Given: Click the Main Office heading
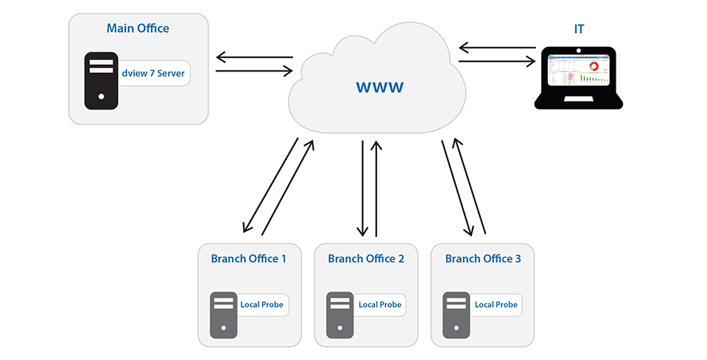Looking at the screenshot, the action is tap(138, 29).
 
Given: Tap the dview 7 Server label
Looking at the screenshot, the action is tap(153, 73).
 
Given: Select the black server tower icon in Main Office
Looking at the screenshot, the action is tap(102, 81).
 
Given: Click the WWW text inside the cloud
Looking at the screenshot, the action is tap(380, 87).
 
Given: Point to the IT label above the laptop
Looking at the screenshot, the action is tap(579, 29).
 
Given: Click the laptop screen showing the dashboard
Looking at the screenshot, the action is tap(579, 70).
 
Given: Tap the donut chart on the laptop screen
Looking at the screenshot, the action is tap(594, 66).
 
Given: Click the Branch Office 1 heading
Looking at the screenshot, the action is tap(248, 258).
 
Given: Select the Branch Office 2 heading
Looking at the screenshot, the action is tap(366, 258).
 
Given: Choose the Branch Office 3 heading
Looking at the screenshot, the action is tap(483, 258).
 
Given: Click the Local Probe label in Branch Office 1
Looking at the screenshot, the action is tap(261, 305).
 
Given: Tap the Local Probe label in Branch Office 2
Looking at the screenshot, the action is tap(380, 305).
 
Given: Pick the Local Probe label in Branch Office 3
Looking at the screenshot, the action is tap(496, 305).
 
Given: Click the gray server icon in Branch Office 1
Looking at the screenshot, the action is tap(224, 315).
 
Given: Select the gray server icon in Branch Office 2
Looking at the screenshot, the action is tap(340, 315).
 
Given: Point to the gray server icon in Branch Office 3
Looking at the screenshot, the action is tap(457, 315).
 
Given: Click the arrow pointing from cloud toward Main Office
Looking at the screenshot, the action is tap(255, 57).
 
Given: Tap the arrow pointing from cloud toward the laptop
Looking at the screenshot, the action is tap(497, 61).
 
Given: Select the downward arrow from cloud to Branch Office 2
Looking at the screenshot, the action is tap(362, 188).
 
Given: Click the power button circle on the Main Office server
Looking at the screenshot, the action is tap(102, 96).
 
